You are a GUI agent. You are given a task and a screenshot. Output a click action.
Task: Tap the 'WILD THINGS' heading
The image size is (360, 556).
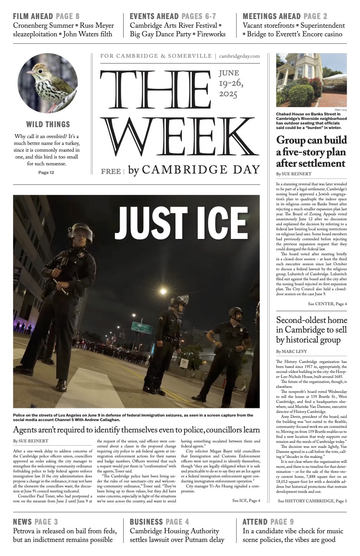pos(48,124)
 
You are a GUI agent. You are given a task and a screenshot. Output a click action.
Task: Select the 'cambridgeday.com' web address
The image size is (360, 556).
pos(239,56)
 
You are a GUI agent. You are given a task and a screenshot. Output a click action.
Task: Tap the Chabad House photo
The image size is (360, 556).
pos(311,80)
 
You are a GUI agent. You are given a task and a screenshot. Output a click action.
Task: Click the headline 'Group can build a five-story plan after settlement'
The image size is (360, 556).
pos(311,151)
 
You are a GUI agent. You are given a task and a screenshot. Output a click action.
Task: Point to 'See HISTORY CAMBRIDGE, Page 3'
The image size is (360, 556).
pos(312,501)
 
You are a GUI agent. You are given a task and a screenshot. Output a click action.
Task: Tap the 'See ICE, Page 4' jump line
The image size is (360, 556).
pos(246,501)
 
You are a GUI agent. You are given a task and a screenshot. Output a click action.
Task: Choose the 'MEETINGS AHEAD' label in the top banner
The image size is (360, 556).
pos(271,16)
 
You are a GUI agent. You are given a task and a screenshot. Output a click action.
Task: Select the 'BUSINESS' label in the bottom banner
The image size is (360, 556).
pos(146,521)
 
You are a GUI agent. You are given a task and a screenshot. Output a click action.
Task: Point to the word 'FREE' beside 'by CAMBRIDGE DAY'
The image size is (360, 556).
pos(111,171)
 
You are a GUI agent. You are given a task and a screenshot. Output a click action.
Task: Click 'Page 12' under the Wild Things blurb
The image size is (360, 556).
pos(46,173)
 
